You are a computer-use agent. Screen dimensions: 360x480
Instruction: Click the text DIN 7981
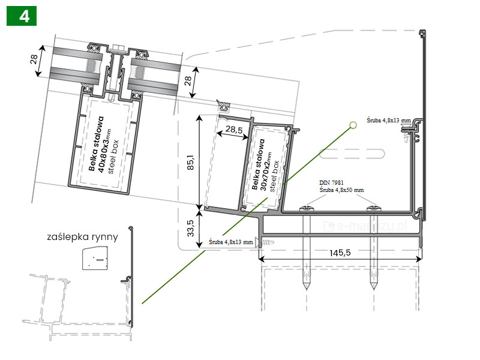pyautogui.click(x=331, y=182)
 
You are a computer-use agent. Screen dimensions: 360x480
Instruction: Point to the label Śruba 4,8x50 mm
pyautogui.click(x=341, y=190)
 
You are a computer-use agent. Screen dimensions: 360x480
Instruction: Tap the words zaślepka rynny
pyautogui.click(x=82, y=236)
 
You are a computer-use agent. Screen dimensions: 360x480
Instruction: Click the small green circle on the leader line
pyautogui.click(x=353, y=124)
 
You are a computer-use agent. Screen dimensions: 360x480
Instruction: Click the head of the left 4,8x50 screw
pyautogui.click(x=306, y=209)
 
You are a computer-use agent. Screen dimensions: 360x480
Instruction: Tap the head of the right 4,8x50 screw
pyautogui.click(x=373, y=209)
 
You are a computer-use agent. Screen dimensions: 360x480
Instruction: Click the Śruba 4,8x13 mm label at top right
pyautogui.click(x=389, y=121)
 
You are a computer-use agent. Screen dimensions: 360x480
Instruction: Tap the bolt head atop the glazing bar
pyautogui.click(x=118, y=47)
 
